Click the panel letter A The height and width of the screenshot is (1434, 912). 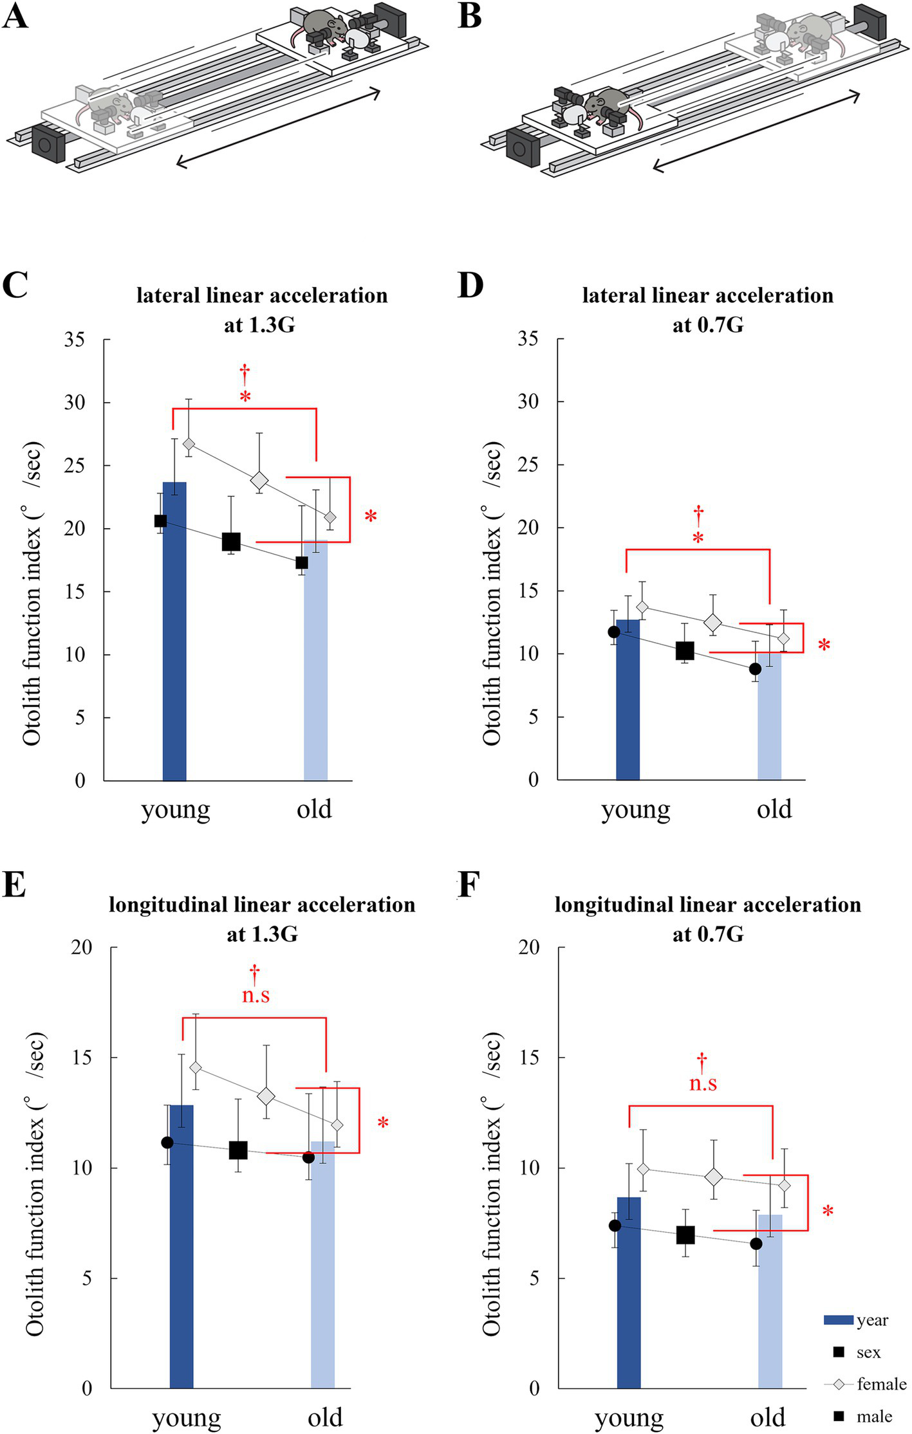point(15,15)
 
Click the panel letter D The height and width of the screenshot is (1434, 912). point(470,285)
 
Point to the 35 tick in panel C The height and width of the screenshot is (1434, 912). point(75,339)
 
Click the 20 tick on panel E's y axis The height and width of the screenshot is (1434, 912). point(82,947)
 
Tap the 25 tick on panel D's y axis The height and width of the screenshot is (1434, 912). point(528,464)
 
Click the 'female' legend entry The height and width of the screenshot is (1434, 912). point(881,1383)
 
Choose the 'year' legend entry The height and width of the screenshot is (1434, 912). point(872,1319)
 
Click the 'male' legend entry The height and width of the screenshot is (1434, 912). point(874,1415)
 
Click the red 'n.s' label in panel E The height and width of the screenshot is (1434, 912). point(256,996)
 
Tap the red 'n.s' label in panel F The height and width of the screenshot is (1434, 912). point(703,1083)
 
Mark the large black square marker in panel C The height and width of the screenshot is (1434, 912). point(231,542)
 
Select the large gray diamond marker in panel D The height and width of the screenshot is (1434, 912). point(712,622)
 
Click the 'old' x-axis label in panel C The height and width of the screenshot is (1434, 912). point(314,809)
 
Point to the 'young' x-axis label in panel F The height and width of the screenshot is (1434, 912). point(629,1417)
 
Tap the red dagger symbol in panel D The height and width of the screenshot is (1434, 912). point(698,514)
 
